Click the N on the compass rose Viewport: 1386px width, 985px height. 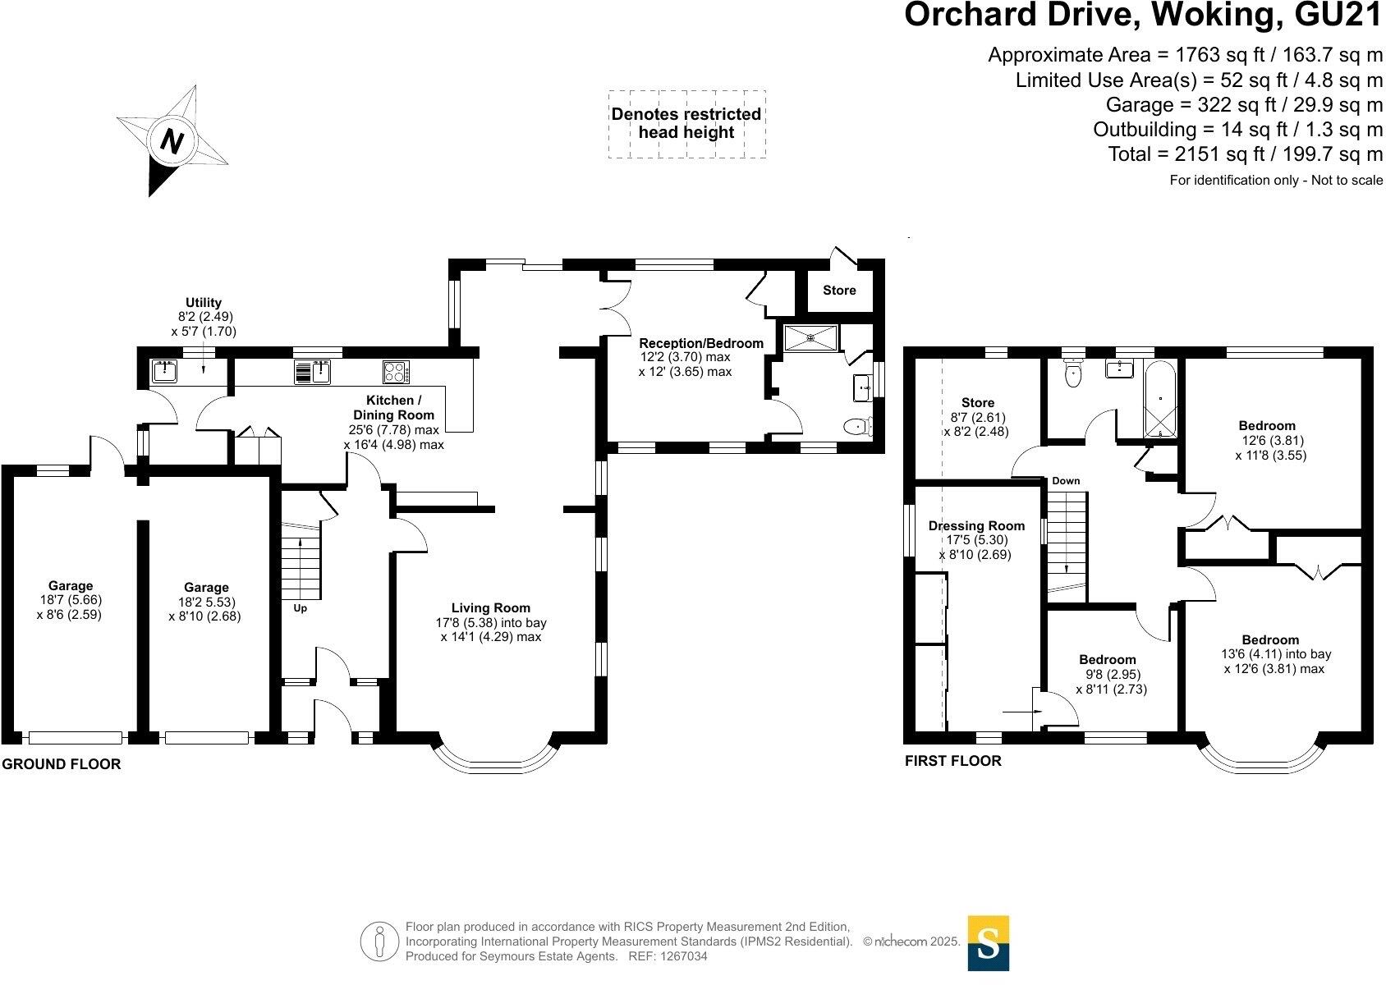(x=172, y=141)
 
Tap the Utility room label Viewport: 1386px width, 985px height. (x=204, y=303)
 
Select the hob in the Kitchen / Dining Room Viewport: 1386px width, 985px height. (x=396, y=372)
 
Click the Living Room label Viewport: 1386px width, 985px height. (x=491, y=608)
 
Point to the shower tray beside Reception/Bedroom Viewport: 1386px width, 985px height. (x=810, y=338)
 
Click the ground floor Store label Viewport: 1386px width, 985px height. (x=839, y=291)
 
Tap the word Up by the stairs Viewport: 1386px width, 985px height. (x=300, y=609)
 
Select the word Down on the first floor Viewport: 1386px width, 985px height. (x=1066, y=481)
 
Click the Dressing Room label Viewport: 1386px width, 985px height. (x=976, y=526)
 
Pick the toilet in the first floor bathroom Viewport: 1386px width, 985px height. (x=1073, y=373)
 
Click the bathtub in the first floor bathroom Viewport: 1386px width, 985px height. (x=1159, y=401)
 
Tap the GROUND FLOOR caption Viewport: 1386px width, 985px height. (x=62, y=764)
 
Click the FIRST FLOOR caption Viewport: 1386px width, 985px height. (x=952, y=761)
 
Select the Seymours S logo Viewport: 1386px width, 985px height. (x=988, y=943)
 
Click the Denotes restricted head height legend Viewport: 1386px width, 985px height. (x=686, y=123)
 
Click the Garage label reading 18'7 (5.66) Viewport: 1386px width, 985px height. (x=71, y=599)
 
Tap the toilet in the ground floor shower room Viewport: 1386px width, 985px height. (x=858, y=426)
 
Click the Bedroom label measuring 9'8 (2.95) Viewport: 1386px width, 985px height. (x=1108, y=675)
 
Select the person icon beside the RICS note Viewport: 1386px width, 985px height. (x=379, y=942)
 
